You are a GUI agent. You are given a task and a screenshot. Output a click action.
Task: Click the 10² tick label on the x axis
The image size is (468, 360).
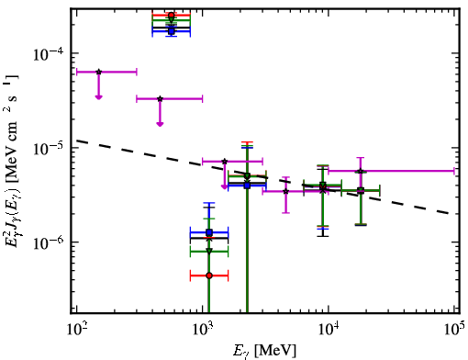(x=76, y=330)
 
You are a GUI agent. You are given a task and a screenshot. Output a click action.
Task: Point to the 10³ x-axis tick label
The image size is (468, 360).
(x=202, y=330)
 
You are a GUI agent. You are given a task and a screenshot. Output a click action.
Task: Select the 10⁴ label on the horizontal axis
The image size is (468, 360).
(x=329, y=330)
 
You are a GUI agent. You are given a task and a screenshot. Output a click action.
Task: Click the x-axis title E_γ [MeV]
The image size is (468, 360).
(x=264, y=351)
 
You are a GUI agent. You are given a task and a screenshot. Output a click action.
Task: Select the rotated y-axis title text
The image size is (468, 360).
(x=12, y=161)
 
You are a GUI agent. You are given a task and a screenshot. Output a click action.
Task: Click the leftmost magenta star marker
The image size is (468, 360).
(x=98, y=72)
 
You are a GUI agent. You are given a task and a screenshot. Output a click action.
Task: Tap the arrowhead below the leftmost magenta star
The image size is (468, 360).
(x=98, y=97)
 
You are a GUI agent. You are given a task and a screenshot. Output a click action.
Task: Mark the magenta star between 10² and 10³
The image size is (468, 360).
(x=160, y=98)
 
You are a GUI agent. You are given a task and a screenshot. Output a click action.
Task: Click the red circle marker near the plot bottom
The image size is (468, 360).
(x=209, y=276)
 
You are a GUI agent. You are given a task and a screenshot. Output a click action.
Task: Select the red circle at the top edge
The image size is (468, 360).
(x=172, y=15)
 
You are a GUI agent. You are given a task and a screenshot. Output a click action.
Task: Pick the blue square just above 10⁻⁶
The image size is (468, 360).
(x=209, y=232)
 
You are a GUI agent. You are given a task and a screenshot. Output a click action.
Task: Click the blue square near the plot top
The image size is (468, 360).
(x=172, y=31)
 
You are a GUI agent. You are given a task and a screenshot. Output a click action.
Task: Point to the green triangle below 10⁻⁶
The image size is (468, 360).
(x=209, y=252)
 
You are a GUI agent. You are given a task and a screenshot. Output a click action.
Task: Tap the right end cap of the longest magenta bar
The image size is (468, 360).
(x=454, y=171)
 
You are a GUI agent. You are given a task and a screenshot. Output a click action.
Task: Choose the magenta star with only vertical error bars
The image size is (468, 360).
(x=286, y=191)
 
